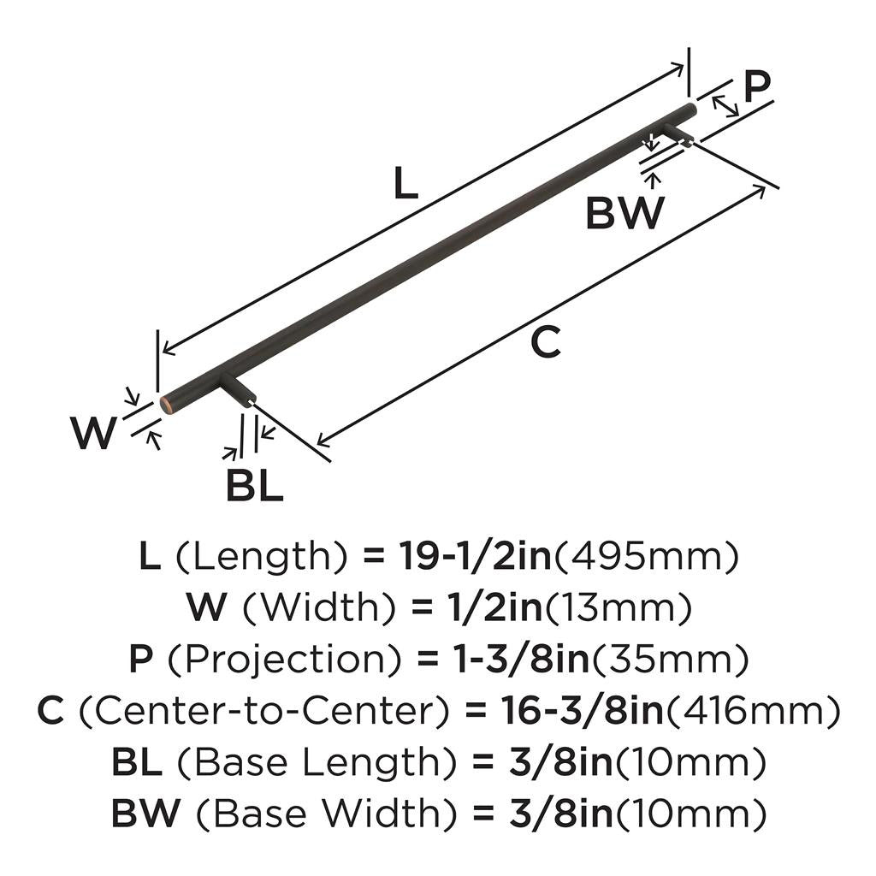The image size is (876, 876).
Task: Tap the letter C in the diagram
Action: point(545,343)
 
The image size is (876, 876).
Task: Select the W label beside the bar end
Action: point(92,434)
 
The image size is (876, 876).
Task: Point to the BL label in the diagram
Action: point(254,487)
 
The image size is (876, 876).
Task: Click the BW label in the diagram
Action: point(624,212)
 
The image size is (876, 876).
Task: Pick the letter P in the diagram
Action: point(756,86)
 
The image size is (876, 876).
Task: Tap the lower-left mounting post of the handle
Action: point(239,391)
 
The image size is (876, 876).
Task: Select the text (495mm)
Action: point(647,558)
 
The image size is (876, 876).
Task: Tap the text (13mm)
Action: point(618,609)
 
